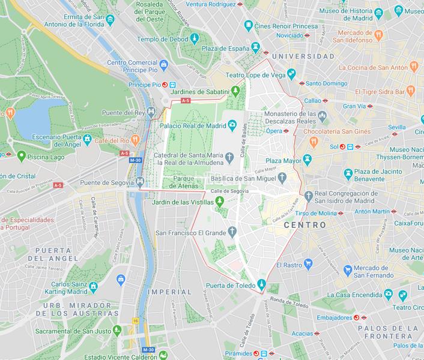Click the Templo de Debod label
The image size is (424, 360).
point(162,39)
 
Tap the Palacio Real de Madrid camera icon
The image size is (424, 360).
point(232,125)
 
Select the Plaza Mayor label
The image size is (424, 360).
point(282,160)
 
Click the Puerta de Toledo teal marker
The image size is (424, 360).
point(261,284)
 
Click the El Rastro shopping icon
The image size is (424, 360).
point(308,263)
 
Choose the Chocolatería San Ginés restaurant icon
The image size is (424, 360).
point(313,142)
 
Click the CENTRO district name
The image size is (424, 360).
point(304,225)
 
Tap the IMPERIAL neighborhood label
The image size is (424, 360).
point(172,292)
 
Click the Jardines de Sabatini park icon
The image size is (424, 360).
point(236,91)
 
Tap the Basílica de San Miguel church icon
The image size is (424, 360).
point(281,178)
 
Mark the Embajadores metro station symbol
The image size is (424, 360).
point(356,317)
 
